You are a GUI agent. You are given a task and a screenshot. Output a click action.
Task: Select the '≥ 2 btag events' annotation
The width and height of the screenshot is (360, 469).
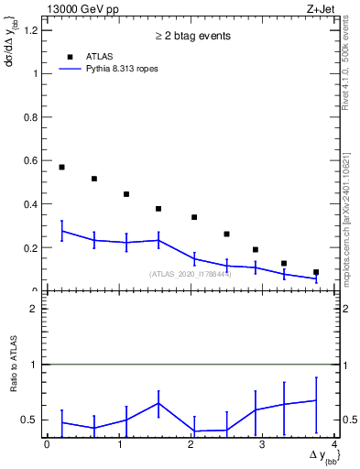(x=193, y=37)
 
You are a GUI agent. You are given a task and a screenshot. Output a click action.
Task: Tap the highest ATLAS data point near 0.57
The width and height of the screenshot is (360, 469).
(x=61, y=167)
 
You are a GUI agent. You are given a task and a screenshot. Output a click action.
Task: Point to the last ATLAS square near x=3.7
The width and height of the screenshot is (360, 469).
(x=316, y=272)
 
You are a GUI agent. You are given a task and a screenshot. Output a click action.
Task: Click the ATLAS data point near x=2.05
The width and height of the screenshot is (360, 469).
(x=194, y=217)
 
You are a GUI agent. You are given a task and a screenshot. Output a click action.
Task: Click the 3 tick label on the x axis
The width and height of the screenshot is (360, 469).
(x=263, y=444)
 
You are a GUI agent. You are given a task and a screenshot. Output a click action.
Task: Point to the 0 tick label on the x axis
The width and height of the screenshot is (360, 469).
(x=47, y=444)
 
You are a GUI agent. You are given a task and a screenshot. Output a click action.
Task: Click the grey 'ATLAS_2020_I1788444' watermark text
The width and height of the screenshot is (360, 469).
(x=191, y=274)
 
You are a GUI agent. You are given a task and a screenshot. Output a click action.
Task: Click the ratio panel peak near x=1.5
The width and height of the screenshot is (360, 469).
(x=158, y=403)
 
